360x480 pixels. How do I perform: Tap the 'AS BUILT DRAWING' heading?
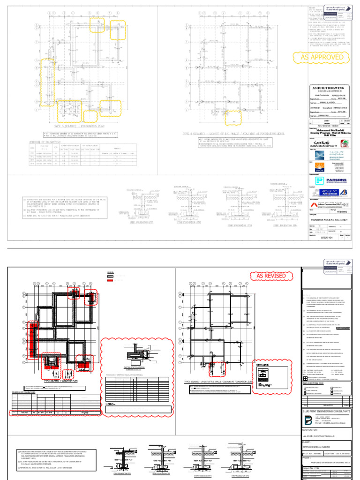(328, 88)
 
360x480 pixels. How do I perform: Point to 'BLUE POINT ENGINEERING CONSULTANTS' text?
(327, 411)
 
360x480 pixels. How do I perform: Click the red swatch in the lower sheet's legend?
(111, 280)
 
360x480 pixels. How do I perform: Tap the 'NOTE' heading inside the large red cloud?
(111, 403)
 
